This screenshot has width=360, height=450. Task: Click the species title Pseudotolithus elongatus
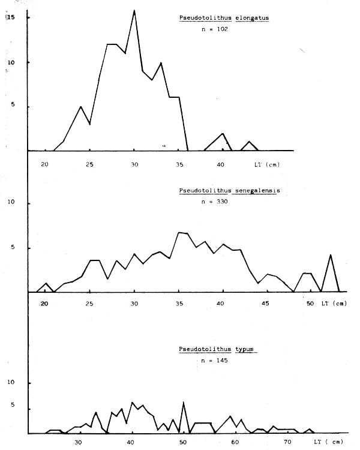click(224, 17)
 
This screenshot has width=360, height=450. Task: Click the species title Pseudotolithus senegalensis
click(229, 191)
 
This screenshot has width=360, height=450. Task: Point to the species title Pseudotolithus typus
click(217, 350)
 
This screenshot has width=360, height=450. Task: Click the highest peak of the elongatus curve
click(134, 10)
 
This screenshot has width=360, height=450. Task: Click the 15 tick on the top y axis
click(10, 18)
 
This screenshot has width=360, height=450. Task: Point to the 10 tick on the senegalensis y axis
click(10, 203)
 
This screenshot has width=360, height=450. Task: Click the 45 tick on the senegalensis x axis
click(265, 304)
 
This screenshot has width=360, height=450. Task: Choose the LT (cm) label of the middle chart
click(334, 304)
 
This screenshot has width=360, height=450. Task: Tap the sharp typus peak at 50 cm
click(183, 402)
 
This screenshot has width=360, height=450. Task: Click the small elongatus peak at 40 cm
click(223, 133)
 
